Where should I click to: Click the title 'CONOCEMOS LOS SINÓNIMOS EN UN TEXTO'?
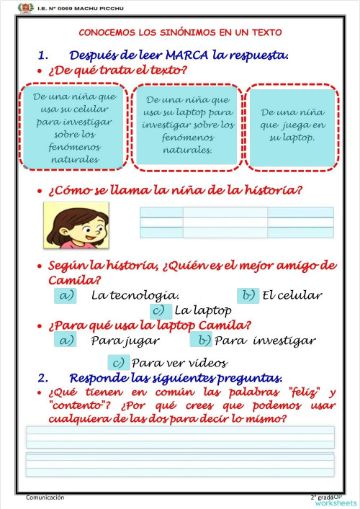click(x=180, y=32)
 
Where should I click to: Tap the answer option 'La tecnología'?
click(x=135, y=295)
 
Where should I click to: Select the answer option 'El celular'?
click(x=292, y=295)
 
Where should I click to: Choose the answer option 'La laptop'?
click(x=202, y=311)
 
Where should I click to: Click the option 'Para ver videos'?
click(x=179, y=363)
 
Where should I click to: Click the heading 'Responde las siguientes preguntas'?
click(x=175, y=378)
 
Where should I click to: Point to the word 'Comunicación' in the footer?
click(x=45, y=497)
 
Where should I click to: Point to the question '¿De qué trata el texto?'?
click(x=117, y=71)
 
